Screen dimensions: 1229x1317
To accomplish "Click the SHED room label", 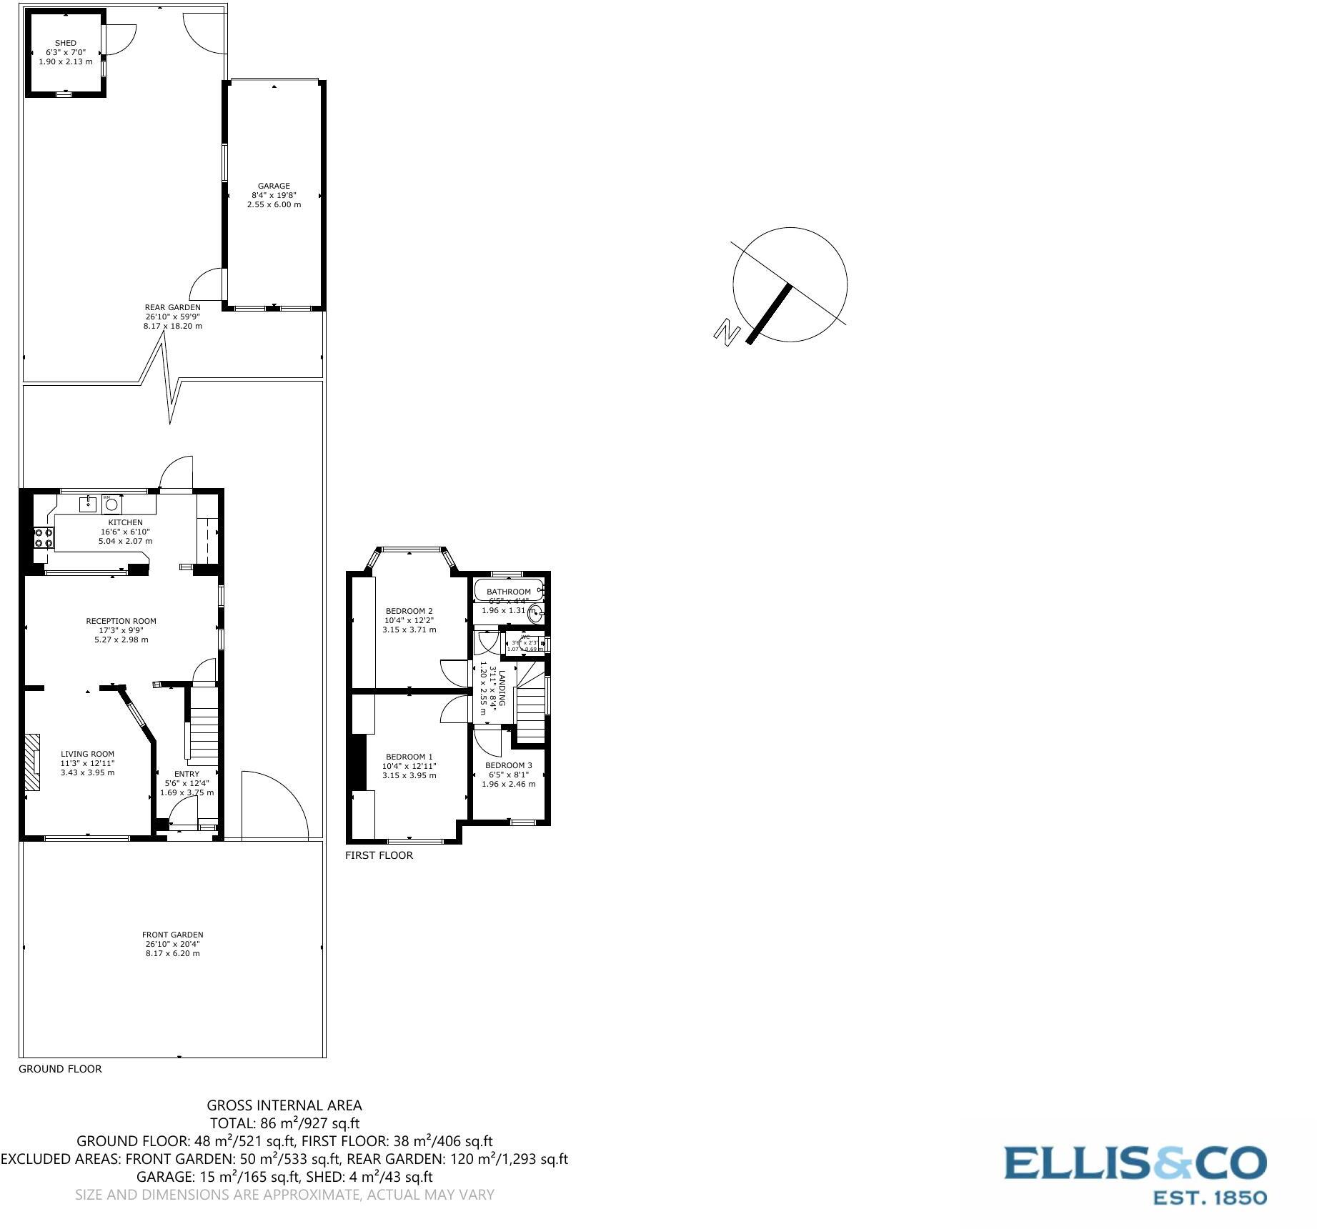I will pos(66,43).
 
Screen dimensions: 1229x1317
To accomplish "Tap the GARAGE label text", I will pos(274,186).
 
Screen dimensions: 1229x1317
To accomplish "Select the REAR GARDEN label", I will pos(173,307).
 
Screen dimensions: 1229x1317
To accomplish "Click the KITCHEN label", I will pos(126,522).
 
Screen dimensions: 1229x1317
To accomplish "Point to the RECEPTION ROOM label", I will pos(121,621).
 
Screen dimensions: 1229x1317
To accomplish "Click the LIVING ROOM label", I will pos(87,754).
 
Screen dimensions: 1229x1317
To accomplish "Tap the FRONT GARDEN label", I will pos(173,935).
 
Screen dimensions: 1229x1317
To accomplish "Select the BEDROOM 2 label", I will pos(409,611).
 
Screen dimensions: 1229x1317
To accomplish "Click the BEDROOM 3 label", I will pos(508,765).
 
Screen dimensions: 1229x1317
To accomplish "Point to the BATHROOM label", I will pos(508,592).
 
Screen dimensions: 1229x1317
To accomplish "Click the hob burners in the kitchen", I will pos(43,537).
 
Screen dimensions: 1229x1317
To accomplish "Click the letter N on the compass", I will pos(727,333).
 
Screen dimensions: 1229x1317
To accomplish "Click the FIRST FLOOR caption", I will pos(379,855).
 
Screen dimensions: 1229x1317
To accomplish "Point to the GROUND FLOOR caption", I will pos(60,1069).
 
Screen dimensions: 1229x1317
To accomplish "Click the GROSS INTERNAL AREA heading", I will pos(284,1105).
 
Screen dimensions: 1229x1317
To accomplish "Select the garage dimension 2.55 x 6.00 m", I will pos(274,204).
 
